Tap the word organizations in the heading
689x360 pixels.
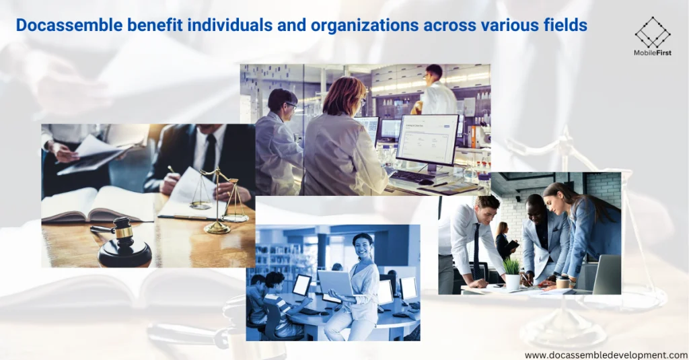(364, 26)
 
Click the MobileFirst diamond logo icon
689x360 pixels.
(653, 32)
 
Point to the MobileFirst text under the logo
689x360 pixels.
(653, 52)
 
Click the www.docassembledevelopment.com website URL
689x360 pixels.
(606, 355)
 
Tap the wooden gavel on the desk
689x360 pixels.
(121, 242)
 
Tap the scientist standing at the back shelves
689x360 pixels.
(434, 89)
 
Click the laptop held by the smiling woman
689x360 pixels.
(336, 283)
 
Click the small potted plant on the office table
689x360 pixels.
(512, 275)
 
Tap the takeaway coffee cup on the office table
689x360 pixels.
(563, 281)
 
